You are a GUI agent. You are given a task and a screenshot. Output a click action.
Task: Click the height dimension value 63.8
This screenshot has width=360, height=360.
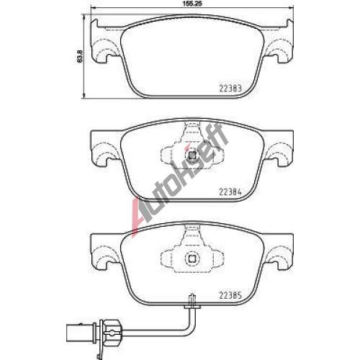80,56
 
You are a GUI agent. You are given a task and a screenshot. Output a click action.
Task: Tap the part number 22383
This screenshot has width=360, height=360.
230,89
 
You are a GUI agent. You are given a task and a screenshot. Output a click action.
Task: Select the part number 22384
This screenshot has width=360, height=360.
230,192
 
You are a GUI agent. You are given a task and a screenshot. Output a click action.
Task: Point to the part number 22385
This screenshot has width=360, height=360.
230,296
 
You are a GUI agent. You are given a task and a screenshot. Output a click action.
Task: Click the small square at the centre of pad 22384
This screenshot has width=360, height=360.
192,156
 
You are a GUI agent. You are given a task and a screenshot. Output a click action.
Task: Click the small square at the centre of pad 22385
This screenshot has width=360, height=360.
192,258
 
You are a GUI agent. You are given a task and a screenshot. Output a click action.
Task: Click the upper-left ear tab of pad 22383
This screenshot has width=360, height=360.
95,24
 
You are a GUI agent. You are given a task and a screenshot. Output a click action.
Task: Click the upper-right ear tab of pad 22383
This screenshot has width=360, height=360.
289,24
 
